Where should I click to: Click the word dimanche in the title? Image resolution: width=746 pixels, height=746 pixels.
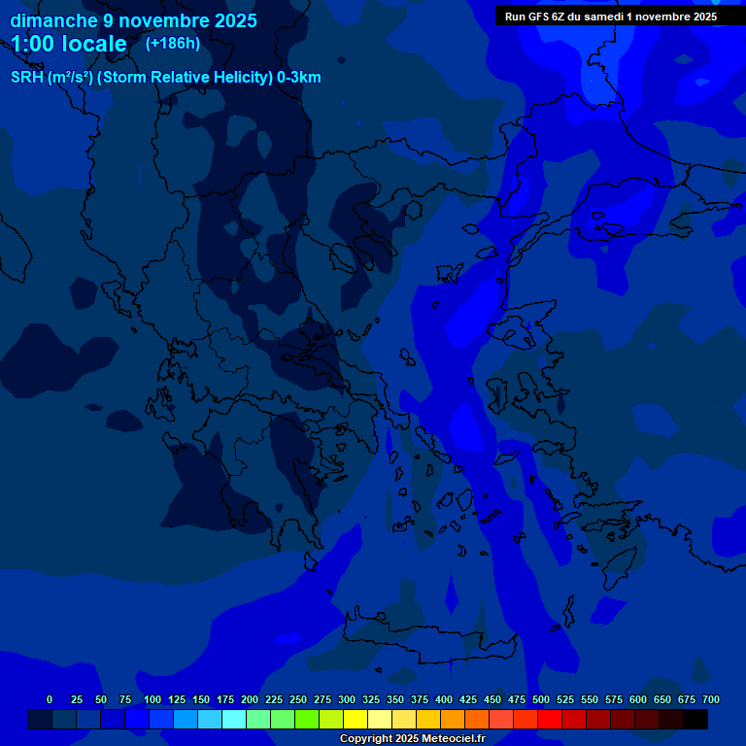coord(53,20)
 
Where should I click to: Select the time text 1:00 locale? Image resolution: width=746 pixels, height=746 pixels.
coord(69,44)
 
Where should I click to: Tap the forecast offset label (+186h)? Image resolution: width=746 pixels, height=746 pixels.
coord(172,44)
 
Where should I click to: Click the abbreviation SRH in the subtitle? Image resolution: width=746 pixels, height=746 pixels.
coord(27,78)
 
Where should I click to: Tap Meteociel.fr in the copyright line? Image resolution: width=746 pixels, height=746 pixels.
coord(453,739)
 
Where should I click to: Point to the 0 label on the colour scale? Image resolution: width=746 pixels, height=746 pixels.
coord(50,700)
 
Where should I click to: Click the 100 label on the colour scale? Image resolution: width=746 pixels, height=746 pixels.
coord(153,700)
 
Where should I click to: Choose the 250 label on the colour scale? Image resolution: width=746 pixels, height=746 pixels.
coord(298,700)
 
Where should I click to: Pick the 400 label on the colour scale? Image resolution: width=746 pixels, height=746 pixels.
coord(444,700)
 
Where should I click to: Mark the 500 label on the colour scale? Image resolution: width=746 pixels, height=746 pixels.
coord(541,700)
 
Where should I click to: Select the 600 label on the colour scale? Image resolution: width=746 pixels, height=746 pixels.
coord(638,700)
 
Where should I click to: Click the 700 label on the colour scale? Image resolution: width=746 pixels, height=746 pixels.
coord(711,700)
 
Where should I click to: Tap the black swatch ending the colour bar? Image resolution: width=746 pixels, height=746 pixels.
coord(695,719)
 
